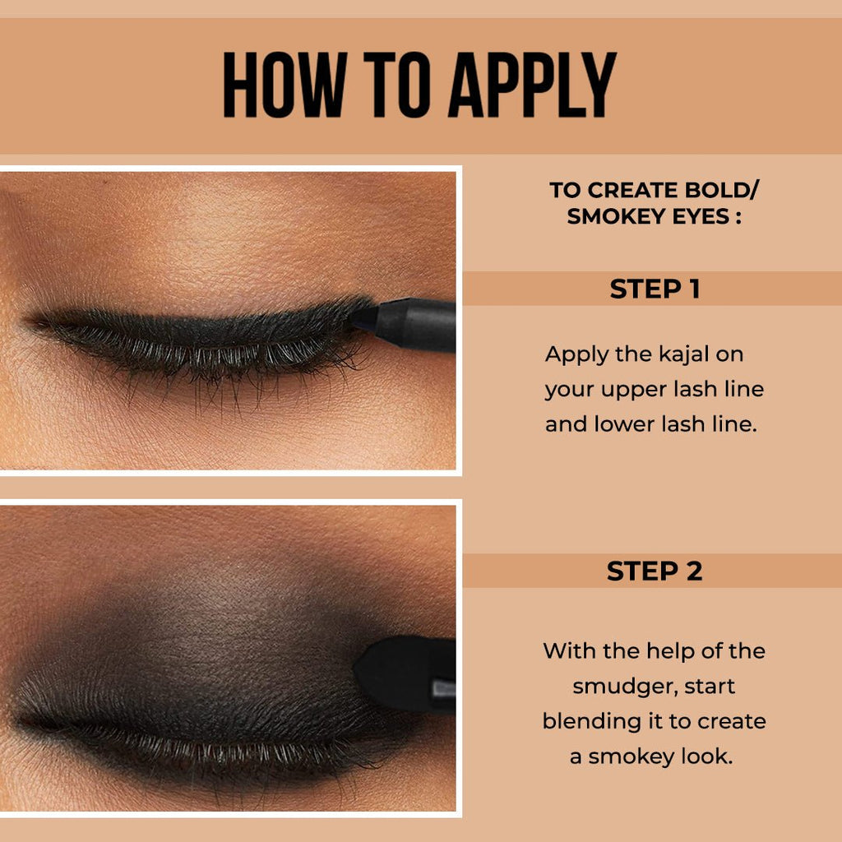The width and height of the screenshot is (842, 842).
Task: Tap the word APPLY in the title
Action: (x=532, y=86)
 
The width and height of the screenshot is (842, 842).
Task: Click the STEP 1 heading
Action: (x=655, y=289)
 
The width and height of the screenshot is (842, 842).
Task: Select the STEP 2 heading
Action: (x=655, y=571)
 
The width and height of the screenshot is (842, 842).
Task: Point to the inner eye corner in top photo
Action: (x=33, y=321)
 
